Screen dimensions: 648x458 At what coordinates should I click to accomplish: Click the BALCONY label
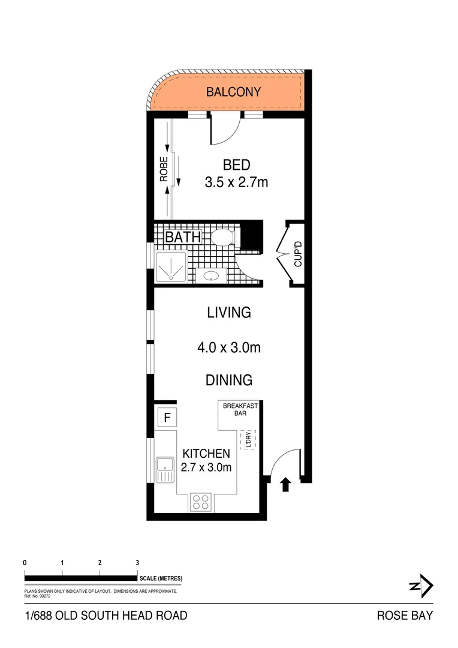click(x=234, y=92)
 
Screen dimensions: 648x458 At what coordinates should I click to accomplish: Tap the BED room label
click(x=236, y=165)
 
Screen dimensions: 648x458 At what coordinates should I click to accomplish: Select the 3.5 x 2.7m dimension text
click(x=236, y=182)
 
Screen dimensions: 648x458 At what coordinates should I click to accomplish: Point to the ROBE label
click(x=163, y=169)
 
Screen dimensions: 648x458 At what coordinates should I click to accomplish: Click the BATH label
click(x=183, y=237)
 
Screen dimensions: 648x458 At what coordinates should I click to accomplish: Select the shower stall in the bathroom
click(x=171, y=266)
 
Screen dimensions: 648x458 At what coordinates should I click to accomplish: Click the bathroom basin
click(x=211, y=276)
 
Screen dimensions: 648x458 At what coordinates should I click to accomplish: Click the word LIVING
click(x=228, y=313)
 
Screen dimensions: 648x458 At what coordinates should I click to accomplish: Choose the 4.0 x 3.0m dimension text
click(x=228, y=347)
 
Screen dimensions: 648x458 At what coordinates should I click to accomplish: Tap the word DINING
click(x=228, y=380)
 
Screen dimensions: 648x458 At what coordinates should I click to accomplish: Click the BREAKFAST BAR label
click(x=240, y=410)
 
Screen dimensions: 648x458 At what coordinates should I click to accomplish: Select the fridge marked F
click(x=167, y=416)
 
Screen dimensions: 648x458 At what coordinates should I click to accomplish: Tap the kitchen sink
click(x=164, y=469)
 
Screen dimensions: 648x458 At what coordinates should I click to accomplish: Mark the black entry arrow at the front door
click(x=285, y=484)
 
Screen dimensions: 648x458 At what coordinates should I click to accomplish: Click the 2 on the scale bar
click(x=100, y=563)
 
